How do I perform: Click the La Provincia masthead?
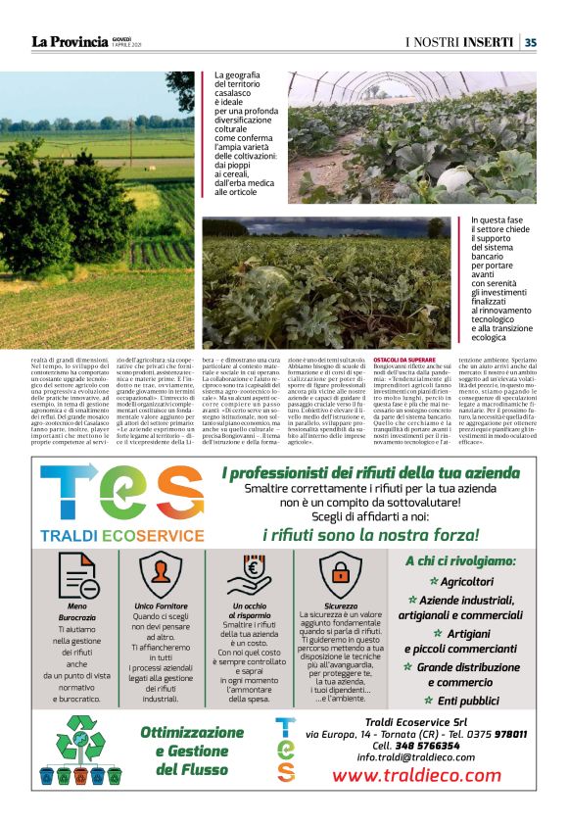coord(68,41)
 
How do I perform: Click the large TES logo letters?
coord(122,492)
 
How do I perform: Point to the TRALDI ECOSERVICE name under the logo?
coord(122,536)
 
